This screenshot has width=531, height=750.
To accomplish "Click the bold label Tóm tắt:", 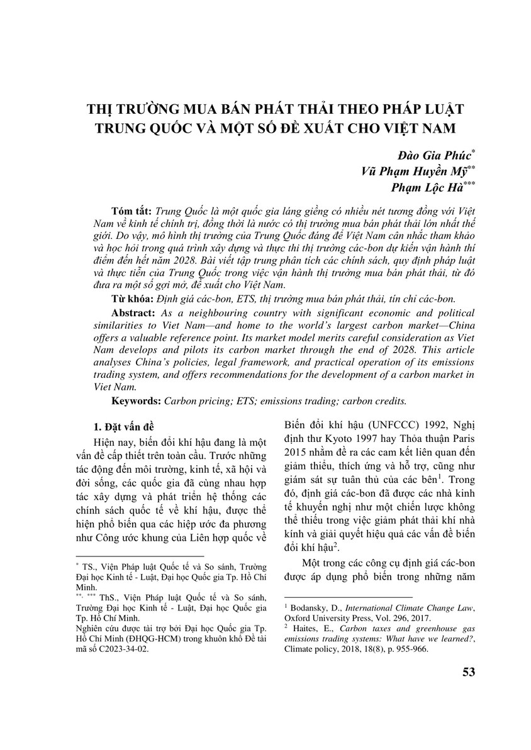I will [131, 209].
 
